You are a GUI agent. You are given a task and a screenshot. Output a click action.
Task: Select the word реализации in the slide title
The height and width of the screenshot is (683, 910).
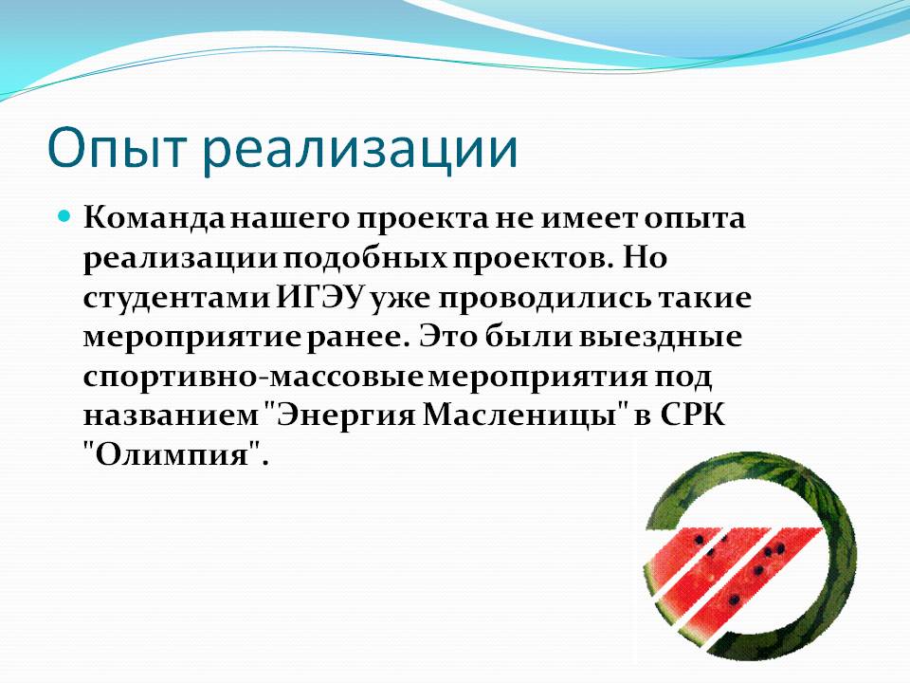tap(360, 150)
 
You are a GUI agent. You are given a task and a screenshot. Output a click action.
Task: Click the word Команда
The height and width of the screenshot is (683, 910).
tap(154, 218)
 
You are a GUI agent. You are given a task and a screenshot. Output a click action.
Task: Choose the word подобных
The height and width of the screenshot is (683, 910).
tap(365, 258)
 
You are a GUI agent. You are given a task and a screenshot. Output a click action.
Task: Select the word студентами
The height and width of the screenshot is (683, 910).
tap(177, 299)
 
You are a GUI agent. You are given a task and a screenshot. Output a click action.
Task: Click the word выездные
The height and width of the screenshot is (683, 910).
tap(661, 337)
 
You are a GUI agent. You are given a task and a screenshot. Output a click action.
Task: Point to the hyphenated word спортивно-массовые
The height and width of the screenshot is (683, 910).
tap(254, 378)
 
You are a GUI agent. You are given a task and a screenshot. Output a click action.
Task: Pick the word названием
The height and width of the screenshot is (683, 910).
tap(171, 415)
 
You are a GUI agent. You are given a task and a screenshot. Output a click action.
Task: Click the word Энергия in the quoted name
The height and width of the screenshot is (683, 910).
tap(341, 415)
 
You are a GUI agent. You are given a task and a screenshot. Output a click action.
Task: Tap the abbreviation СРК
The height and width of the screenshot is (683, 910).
tap(692, 415)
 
